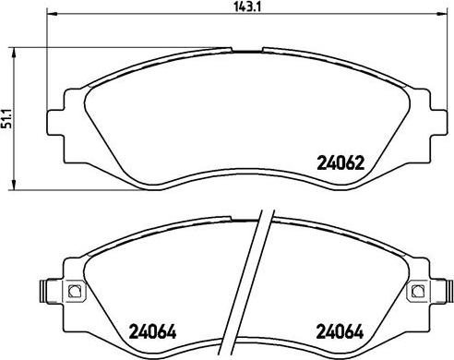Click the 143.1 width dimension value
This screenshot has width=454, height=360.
coord(247,6)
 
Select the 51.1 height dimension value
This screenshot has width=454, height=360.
coord(6,118)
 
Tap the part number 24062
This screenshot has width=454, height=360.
coord(340,162)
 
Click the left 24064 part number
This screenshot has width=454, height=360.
coord(153,331)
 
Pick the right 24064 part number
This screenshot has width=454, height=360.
coord(340,331)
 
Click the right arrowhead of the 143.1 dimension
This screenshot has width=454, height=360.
coord(440,14)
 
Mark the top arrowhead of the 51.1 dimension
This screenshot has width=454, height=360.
coord(14,54)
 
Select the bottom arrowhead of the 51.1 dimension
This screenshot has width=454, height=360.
coord(14,184)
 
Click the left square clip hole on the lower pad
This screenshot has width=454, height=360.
coord(74,291)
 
